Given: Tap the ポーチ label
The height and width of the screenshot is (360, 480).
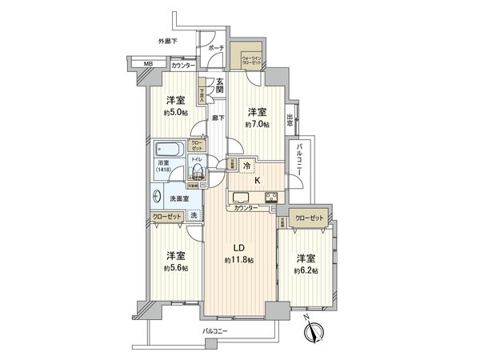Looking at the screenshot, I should coord(215,48).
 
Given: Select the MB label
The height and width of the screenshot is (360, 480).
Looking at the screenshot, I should coord(149,65).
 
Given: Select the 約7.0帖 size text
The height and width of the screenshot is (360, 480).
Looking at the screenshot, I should coord(257,124).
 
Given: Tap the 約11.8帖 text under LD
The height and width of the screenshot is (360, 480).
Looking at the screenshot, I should coord(239,261).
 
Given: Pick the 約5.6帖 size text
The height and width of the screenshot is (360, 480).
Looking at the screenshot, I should coord(177,268).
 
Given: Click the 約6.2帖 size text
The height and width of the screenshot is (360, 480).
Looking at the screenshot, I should coord(305,272).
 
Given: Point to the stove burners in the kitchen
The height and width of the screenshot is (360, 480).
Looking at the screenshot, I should coord(269,198).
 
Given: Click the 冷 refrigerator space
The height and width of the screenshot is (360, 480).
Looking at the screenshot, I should coord(248,166).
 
